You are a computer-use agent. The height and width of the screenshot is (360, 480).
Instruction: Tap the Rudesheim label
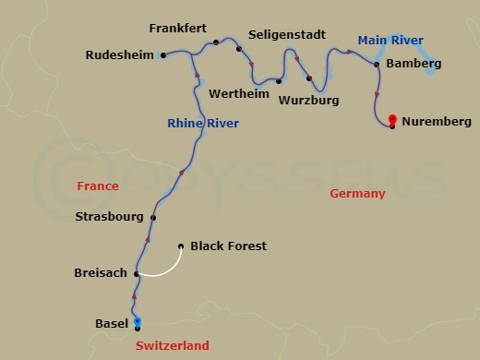(x=118, y=55)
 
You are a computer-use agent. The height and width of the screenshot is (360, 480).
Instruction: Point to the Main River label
(x=390, y=41)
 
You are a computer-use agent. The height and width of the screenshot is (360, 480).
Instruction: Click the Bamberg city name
(x=414, y=64)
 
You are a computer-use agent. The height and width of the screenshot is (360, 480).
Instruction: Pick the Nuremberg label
(x=438, y=122)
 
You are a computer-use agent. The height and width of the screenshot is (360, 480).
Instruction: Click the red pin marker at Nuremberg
(x=393, y=119)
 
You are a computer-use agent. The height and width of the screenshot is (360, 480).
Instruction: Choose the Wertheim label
(x=239, y=94)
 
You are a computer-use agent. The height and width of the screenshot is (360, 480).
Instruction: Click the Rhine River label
(x=203, y=124)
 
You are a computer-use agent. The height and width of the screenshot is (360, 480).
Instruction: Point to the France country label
(x=98, y=186)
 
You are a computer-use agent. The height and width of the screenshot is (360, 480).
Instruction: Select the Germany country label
(x=357, y=194)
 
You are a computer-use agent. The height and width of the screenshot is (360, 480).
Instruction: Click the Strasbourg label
(x=108, y=217)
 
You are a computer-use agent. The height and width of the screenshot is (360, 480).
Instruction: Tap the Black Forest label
(x=228, y=246)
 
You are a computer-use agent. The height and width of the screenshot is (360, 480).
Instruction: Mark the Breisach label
(x=101, y=273)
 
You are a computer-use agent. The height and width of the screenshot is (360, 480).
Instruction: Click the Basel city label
(x=112, y=323)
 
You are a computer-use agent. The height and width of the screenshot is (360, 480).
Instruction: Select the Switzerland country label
(x=172, y=346)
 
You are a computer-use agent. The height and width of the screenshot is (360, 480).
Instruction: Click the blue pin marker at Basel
(x=138, y=321)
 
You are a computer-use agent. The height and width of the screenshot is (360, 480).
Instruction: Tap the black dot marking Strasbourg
(x=153, y=218)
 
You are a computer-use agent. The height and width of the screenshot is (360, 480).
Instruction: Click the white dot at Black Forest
(x=181, y=246)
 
